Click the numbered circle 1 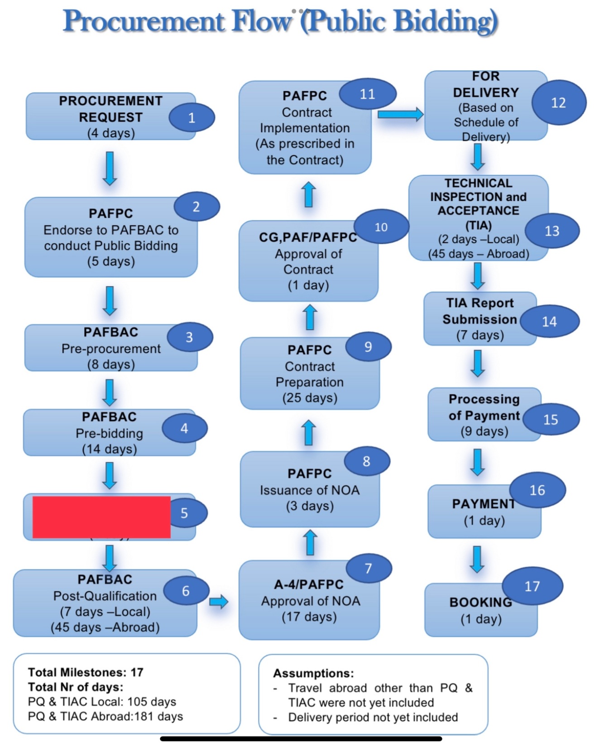[192, 118]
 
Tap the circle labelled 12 [558, 103]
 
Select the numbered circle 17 [532, 586]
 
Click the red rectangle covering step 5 [101, 517]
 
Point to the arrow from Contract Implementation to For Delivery [400, 114]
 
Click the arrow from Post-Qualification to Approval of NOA [219, 602]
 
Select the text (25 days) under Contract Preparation [310, 398]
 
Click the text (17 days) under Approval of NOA [309, 617]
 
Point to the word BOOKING [480, 602]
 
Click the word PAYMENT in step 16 [483, 504]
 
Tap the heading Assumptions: [313, 673]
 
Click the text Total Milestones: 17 [86, 672]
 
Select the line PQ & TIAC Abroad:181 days [105, 716]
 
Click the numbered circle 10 [381, 227]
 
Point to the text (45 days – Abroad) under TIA [479, 254]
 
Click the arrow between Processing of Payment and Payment [477, 462]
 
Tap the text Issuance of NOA [310, 490]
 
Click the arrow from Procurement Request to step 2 [110, 169]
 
